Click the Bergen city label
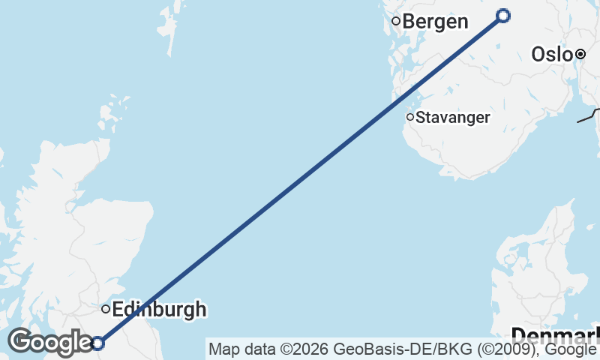436,21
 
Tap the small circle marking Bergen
397,21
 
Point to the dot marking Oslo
580,54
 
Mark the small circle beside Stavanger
410,117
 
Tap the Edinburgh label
159,309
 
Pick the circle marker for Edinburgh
106,308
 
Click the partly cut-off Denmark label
555,334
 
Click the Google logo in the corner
49,342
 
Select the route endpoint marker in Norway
503,16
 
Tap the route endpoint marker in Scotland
97,343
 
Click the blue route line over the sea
300,180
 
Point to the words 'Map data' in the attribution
236,349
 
